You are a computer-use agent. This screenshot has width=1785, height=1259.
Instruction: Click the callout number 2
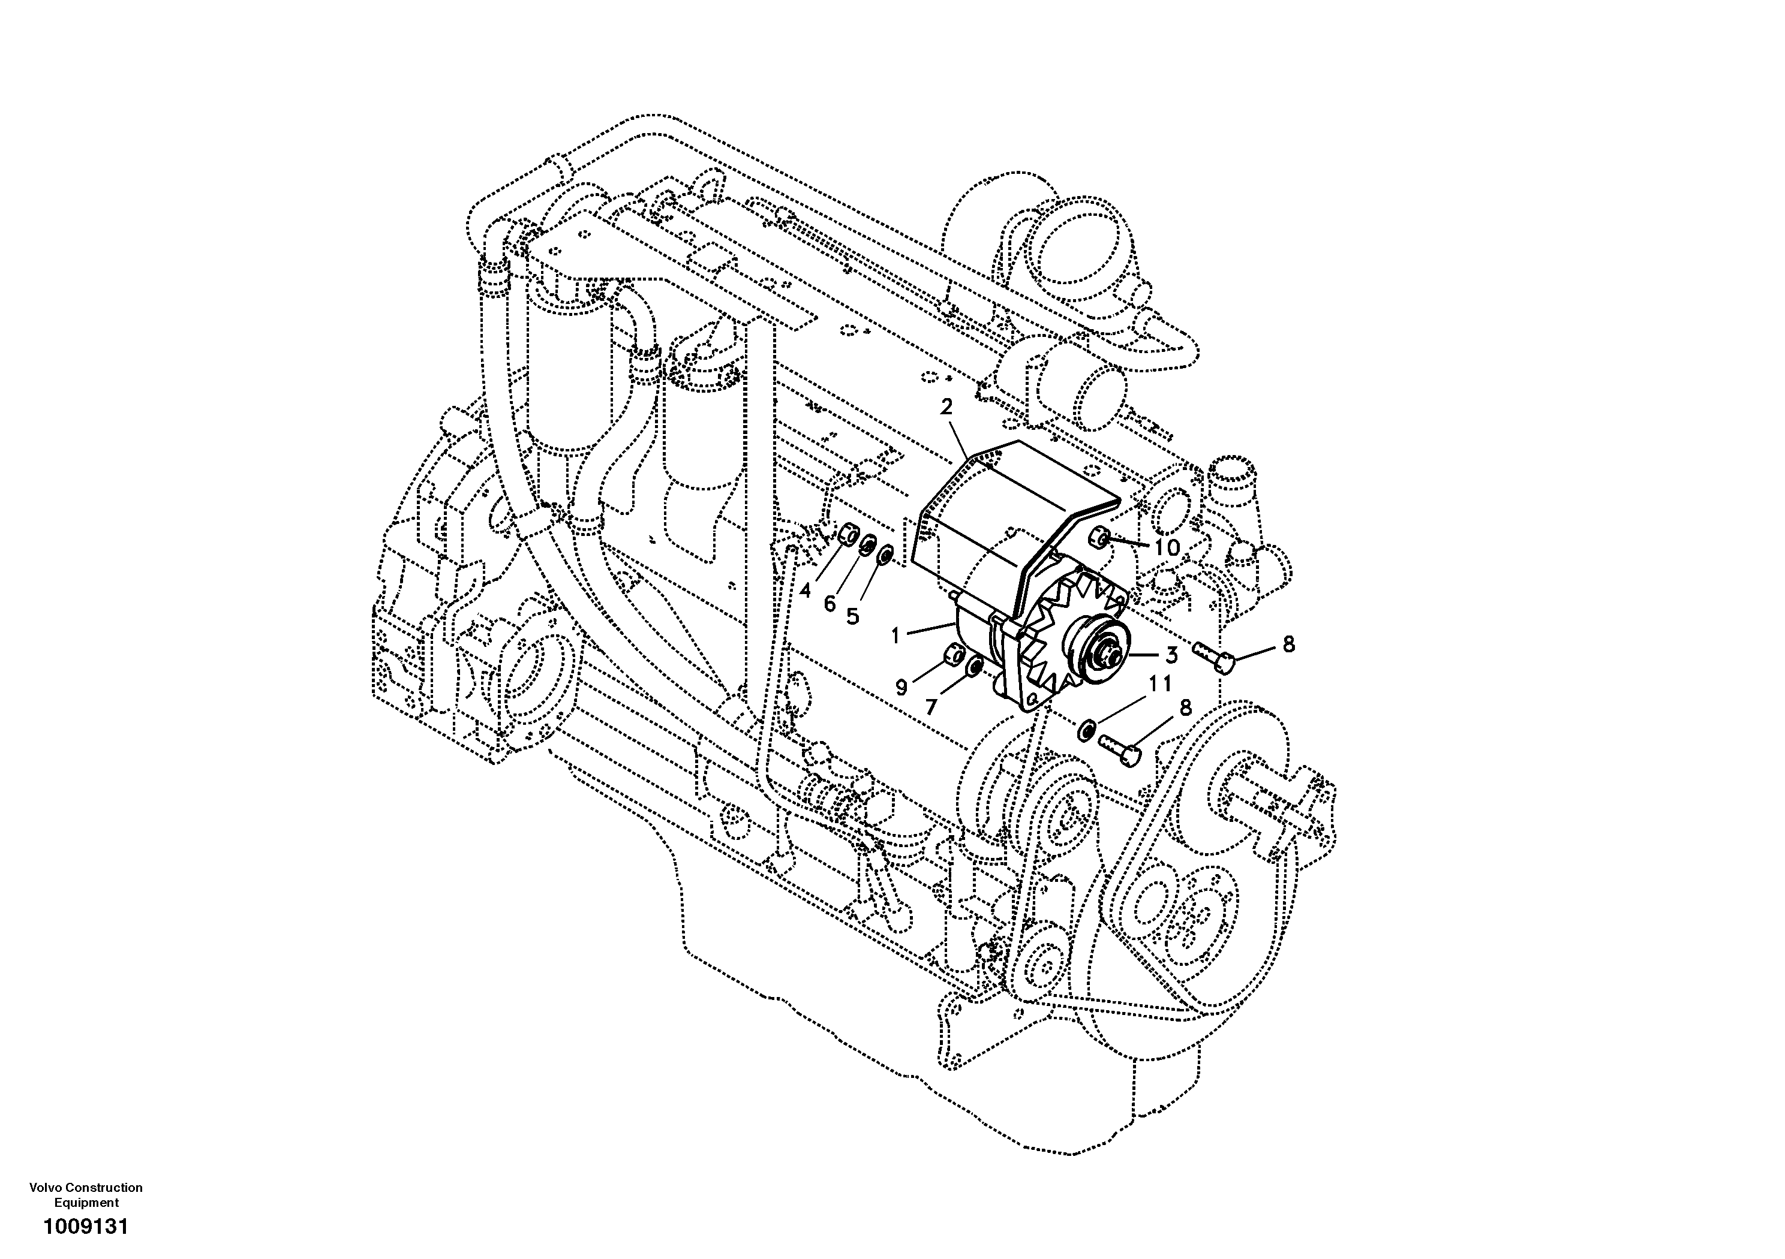pos(946,407)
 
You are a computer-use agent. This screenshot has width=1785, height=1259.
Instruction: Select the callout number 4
pos(805,591)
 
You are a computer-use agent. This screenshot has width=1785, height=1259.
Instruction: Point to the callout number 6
pos(830,603)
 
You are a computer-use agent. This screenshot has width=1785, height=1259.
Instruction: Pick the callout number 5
pos(853,616)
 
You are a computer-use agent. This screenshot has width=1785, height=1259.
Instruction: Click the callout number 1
pos(895,635)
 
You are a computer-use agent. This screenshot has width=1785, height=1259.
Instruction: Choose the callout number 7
pos(931,706)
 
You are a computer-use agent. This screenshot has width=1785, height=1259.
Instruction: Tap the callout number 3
pos(1171,655)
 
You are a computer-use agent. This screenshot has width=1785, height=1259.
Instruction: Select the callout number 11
pos(1159,684)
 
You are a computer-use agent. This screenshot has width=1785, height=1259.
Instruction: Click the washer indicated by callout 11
pos(1086,730)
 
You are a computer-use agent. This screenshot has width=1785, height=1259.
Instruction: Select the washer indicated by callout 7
pos(972,668)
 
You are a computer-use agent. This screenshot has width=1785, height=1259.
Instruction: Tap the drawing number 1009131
pos(86,1227)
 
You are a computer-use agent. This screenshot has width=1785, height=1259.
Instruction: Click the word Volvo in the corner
pos(46,1188)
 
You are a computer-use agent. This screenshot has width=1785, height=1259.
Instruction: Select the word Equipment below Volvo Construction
pos(86,1202)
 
